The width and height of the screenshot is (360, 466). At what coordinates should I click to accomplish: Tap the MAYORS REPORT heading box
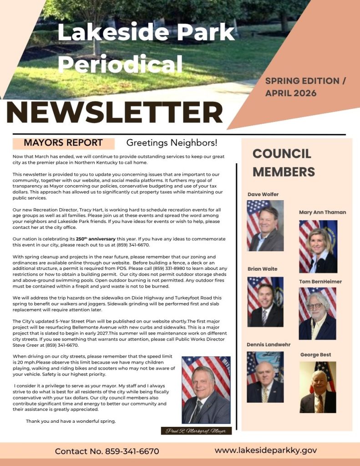(x=63, y=143)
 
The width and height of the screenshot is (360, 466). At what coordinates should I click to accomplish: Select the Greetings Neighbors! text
(x=172, y=143)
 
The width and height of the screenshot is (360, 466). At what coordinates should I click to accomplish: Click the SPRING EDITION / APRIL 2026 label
(x=305, y=87)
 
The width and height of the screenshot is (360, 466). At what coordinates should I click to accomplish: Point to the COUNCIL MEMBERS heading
(x=284, y=162)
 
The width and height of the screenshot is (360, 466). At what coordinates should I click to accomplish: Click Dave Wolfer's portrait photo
(x=265, y=226)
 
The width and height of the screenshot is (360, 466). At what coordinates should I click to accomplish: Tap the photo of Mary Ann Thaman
(x=318, y=246)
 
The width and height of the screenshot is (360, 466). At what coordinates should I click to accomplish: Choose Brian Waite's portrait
(x=265, y=302)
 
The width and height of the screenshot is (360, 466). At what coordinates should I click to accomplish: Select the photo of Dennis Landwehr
(x=265, y=377)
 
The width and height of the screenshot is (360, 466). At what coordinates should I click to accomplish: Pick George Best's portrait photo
(x=318, y=387)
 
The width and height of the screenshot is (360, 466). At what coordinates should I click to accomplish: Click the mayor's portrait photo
(x=206, y=390)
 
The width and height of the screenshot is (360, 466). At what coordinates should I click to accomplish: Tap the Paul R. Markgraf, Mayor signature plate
(x=196, y=431)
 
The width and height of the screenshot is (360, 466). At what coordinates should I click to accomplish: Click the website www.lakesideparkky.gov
(x=266, y=451)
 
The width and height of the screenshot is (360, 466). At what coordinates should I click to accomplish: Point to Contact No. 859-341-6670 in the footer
(x=107, y=451)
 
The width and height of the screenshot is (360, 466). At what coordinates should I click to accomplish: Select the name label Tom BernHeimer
(x=320, y=282)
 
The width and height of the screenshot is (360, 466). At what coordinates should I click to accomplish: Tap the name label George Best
(x=315, y=355)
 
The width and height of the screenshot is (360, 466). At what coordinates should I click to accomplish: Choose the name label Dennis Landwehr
(x=269, y=344)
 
